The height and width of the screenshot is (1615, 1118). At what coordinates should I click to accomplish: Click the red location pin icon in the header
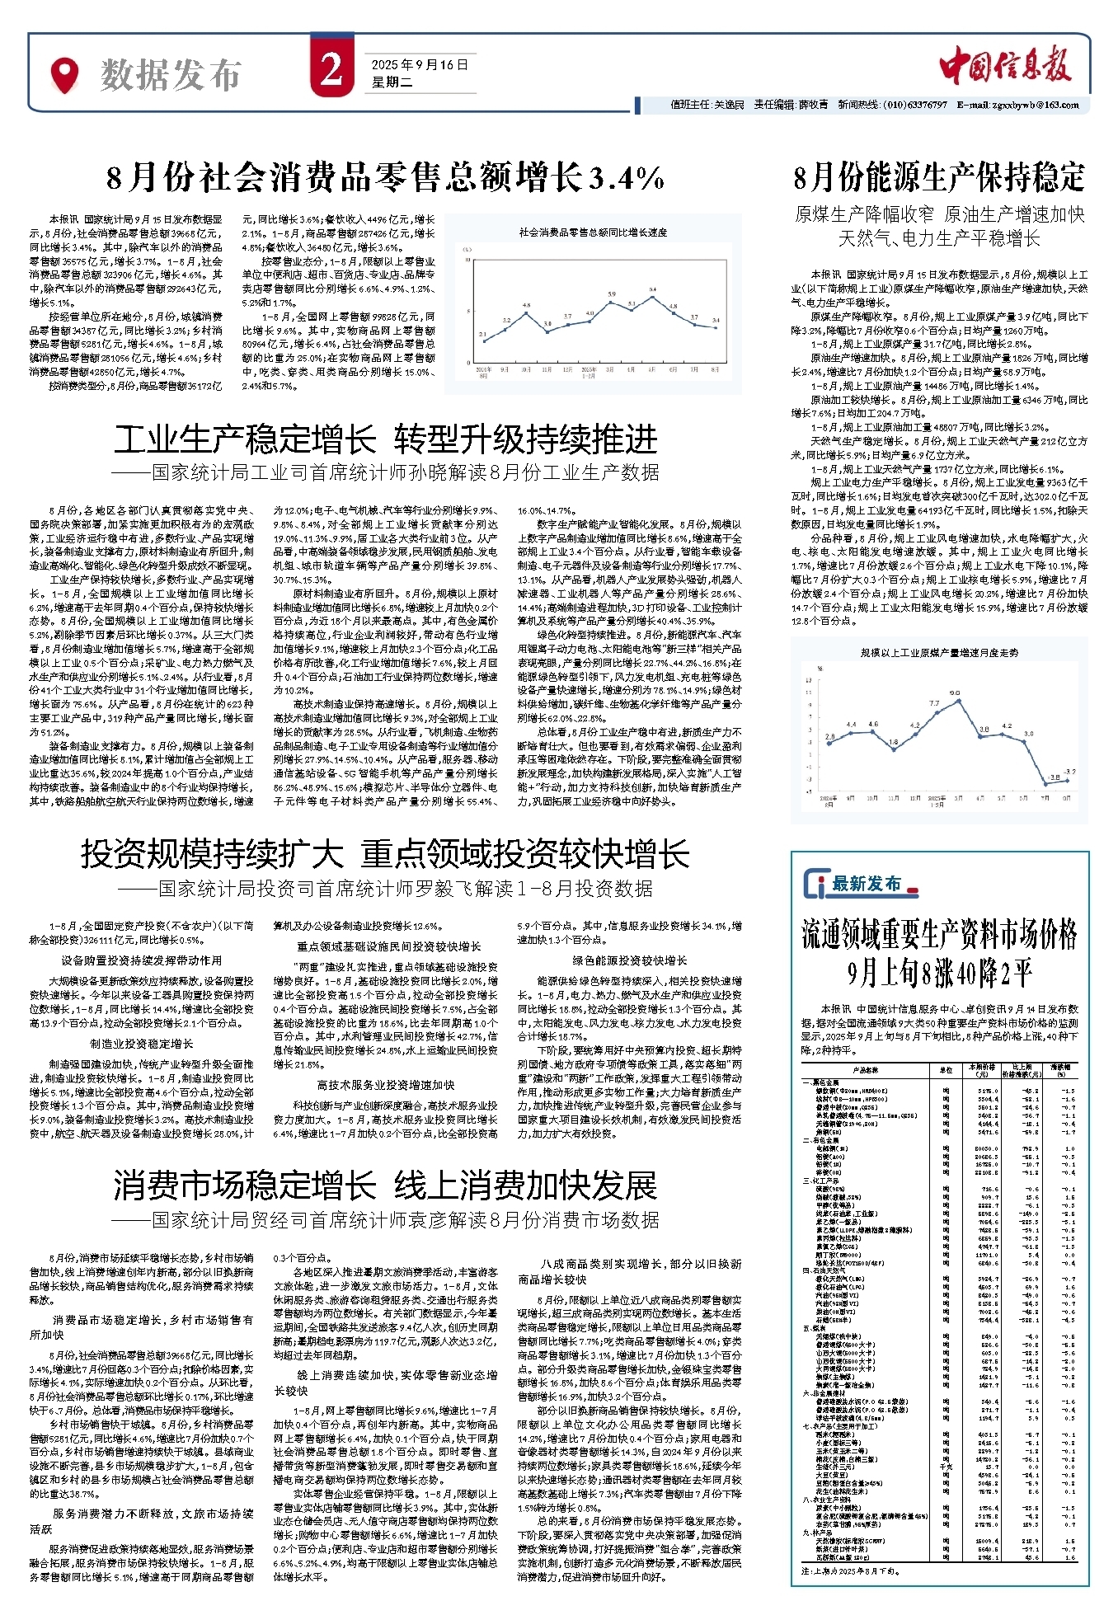click(64, 75)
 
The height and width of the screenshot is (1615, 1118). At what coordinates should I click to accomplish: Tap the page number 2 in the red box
click(331, 71)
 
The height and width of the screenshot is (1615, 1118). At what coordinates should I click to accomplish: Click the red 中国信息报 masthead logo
click(1005, 68)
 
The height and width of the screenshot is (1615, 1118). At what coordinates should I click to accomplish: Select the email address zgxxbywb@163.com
click(1022, 105)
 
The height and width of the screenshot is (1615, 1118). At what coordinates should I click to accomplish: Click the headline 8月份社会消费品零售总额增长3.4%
click(386, 177)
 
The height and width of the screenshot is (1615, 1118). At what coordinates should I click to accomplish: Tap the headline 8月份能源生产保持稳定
click(939, 176)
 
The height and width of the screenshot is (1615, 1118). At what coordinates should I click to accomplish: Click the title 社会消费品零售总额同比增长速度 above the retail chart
click(593, 232)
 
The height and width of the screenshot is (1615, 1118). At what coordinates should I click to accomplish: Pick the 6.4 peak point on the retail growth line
click(653, 297)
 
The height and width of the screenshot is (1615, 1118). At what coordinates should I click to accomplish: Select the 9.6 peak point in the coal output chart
click(959, 701)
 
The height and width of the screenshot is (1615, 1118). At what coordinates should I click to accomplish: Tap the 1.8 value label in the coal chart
click(894, 742)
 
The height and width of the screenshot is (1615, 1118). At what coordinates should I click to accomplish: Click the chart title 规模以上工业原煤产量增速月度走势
click(939, 652)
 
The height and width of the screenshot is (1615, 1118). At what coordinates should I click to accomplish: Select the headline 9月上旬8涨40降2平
click(939, 974)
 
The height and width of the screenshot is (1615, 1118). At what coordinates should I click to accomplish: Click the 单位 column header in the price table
click(946, 1070)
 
